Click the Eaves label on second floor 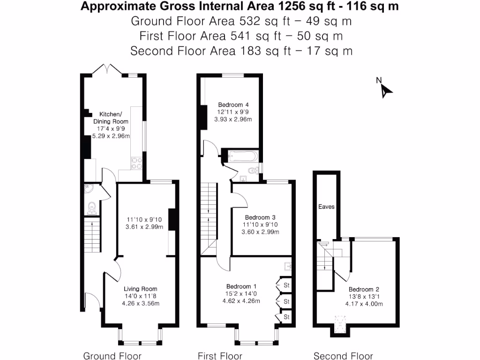326,206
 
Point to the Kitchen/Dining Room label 110,118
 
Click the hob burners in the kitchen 137,163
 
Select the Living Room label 140,289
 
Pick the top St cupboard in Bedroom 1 285,285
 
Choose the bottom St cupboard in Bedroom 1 285,317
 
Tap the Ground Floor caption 112,356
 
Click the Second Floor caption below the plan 343,356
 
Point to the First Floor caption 220,356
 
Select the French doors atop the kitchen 107,69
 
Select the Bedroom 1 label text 241,286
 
